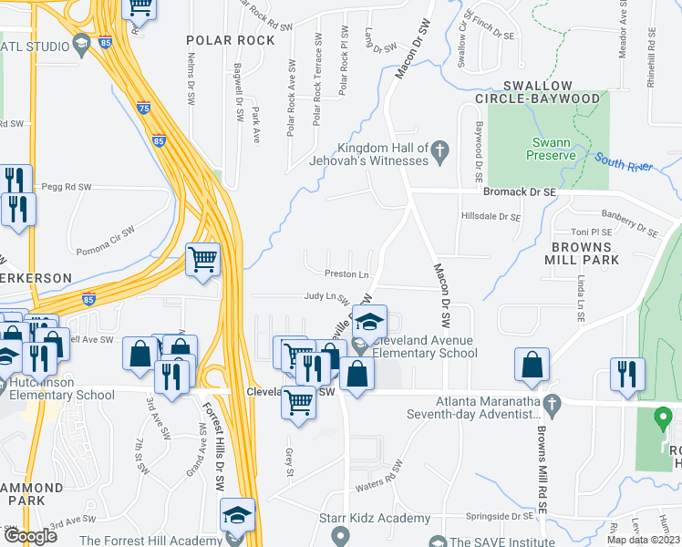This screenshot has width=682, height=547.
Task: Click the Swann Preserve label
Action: (553, 149)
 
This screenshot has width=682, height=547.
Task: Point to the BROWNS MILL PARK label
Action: (585, 253)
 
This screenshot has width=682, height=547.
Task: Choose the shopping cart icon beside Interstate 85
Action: (202, 259)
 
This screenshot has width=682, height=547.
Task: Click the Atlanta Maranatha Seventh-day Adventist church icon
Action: (551, 402)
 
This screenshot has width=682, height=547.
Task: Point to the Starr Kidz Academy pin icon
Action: (341, 533)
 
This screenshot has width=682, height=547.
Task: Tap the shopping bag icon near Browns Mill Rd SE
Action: (531, 365)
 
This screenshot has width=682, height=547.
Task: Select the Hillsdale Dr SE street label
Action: (491, 218)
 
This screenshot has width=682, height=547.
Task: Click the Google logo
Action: (30, 536)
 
